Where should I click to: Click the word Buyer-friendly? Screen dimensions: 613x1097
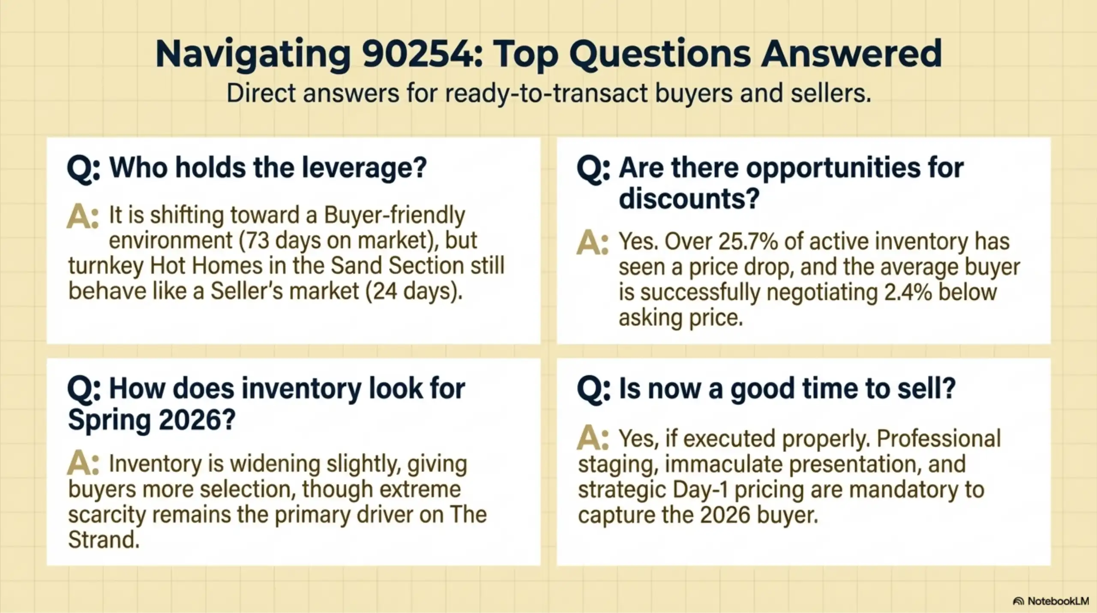(394, 215)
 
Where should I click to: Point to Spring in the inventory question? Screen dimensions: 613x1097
(109, 420)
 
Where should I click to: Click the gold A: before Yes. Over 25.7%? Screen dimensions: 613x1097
(592, 243)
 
